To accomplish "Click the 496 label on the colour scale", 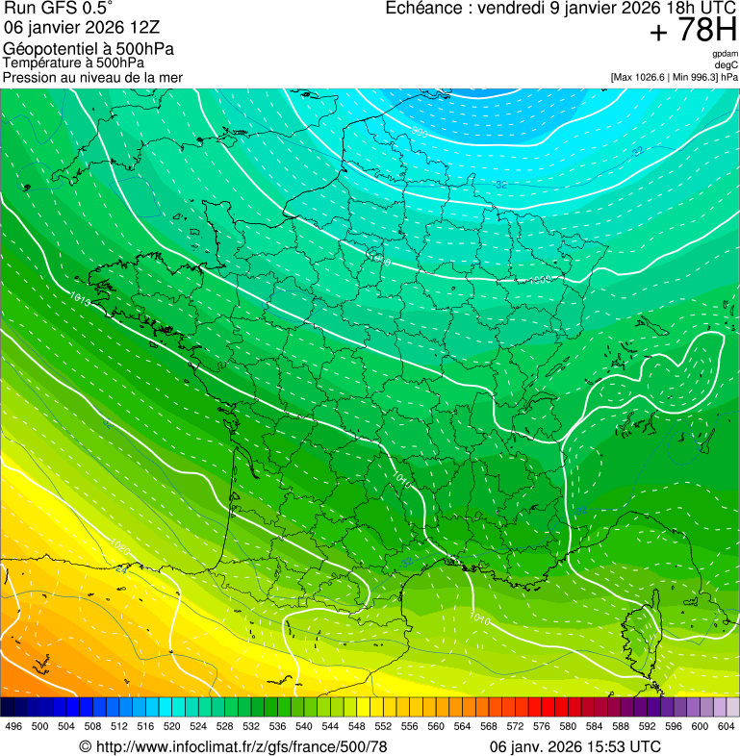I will click(13, 726).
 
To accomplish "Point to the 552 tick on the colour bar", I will click(382, 726).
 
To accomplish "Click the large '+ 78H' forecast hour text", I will click(693, 31).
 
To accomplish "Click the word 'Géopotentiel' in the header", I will click(42, 49).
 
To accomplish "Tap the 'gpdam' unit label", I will click(726, 54).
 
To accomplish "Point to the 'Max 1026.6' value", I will click(645, 77).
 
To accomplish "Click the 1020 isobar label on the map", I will click(120, 548).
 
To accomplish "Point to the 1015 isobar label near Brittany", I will click(81, 301).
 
